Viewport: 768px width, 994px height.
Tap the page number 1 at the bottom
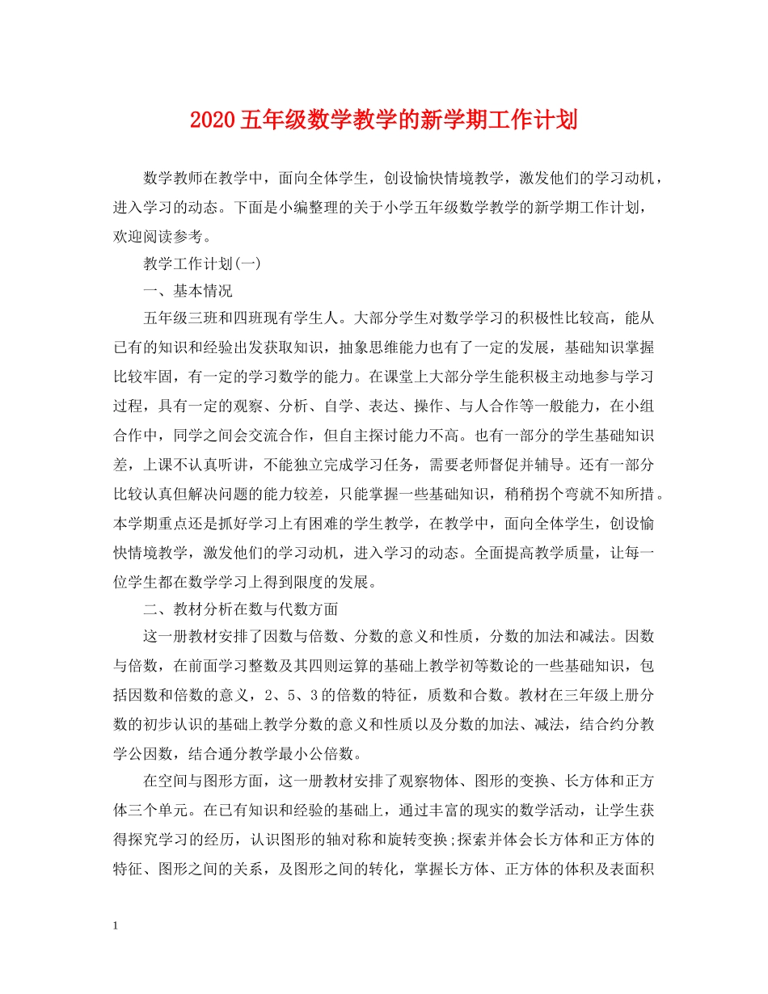(x=117, y=926)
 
